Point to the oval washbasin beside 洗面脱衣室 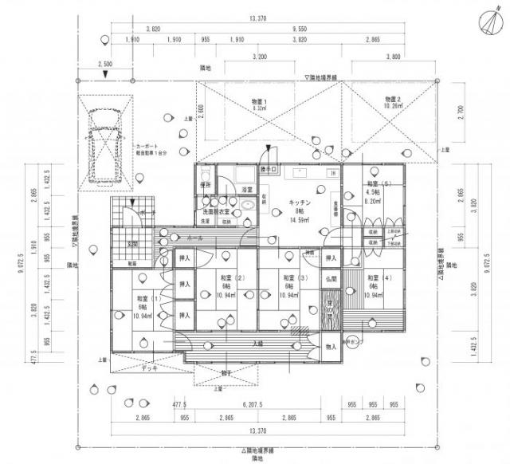247,204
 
